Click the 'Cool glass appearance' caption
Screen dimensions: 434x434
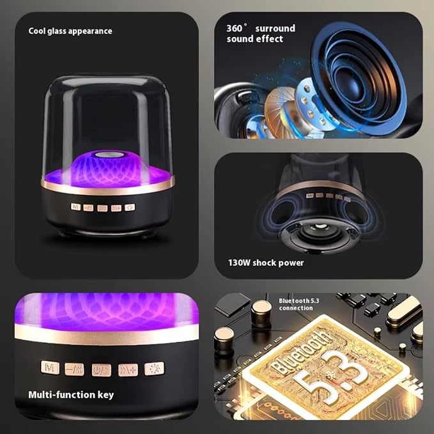pos(70,31)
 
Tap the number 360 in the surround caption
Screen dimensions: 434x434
pos(235,29)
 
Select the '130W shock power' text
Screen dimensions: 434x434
pos(266,263)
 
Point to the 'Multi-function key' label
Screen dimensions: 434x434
pos(71,395)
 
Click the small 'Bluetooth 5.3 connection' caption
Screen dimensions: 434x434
pos(298,304)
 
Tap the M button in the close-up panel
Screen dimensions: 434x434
pos(50,368)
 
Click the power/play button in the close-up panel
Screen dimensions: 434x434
pos(102,370)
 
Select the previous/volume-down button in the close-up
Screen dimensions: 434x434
pos(74,369)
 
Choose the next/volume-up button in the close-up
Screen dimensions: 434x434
pos(128,370)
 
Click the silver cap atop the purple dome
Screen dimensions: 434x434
pos(108,155)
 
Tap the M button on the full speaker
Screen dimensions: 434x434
pos(75,206)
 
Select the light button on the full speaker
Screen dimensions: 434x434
pos(130,207)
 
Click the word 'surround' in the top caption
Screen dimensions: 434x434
pos(275,29)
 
